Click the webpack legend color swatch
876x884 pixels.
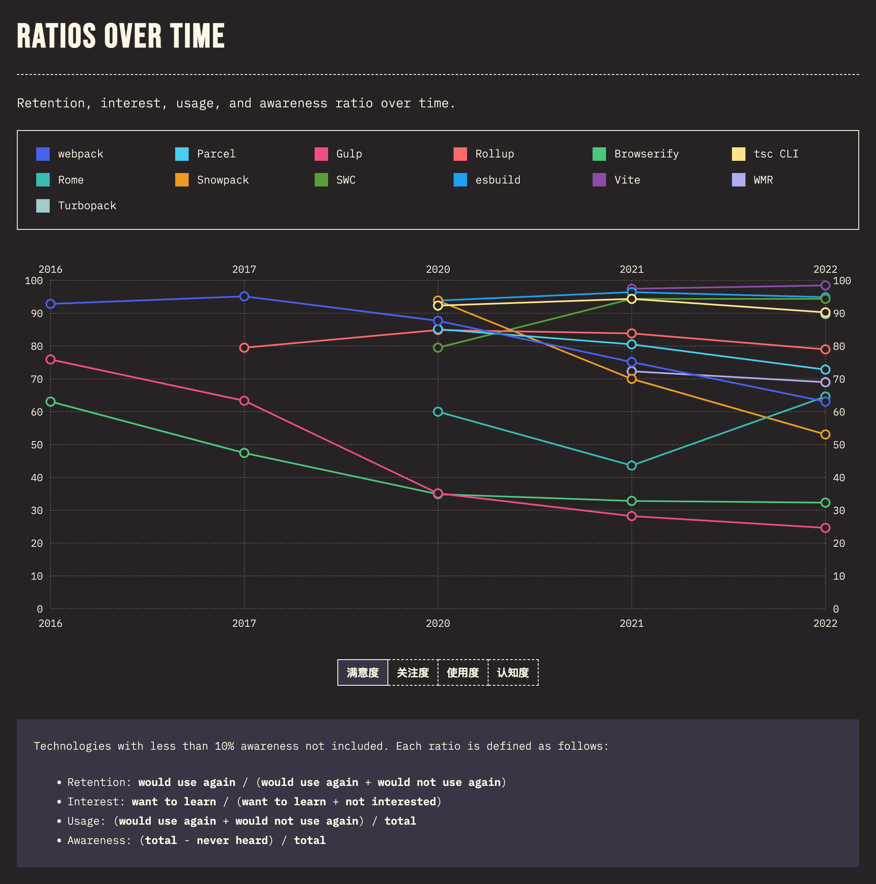(x=43, y=154)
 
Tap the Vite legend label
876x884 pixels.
(x=627, y=180)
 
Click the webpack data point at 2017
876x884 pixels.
(x=244, y=296)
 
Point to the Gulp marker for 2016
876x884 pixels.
(x=51, y=359)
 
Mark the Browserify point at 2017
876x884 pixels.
(x=244, y=453)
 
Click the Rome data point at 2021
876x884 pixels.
(x=632, y=465)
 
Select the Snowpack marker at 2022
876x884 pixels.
(x=825, y=434)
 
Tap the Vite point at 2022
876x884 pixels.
(x=825, y=285)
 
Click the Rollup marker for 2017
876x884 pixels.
(x=244, y=348)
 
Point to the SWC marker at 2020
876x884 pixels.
(x=438, y=348)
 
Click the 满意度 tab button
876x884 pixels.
(x=363, y=673)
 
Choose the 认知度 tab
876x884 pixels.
(x=513, y=673)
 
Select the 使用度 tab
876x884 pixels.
(x=463, y=673)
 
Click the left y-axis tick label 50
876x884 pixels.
(x=37, y=445)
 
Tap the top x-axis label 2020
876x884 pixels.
(x=438, y=269)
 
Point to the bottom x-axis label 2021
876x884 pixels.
(x=632, y=623)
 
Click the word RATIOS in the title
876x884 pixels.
(x=56, y=36)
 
